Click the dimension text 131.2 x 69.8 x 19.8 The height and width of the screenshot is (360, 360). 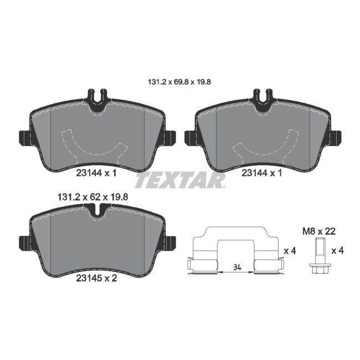(x=180, y=81)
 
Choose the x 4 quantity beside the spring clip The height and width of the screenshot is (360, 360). (x=290, y=251)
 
